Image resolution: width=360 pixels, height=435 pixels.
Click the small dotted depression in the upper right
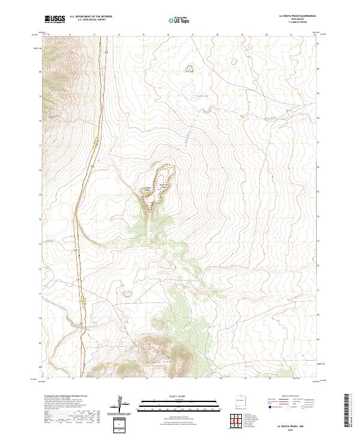pyautogui.click(x=234, y=60)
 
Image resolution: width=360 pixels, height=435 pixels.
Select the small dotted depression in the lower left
pyautogui.click(x=127, y=294)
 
